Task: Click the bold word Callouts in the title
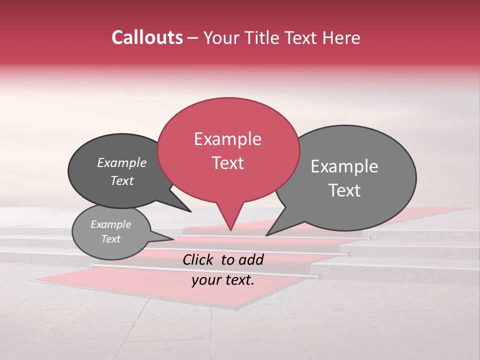(147, 37)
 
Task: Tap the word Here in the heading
(341, 37)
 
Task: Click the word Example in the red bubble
(228, 139)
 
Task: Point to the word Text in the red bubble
(228, 162)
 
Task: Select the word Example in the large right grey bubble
(344, 166)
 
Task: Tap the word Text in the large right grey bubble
(344, 190)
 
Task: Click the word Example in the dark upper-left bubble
(122, 163)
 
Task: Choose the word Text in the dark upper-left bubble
(122, 180)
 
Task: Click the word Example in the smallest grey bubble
(111, 224)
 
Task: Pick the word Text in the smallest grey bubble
(111, 239)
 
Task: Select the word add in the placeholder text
(251, 259)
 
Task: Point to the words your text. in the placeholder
(223, 280)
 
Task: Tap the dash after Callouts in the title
(193, 37)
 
